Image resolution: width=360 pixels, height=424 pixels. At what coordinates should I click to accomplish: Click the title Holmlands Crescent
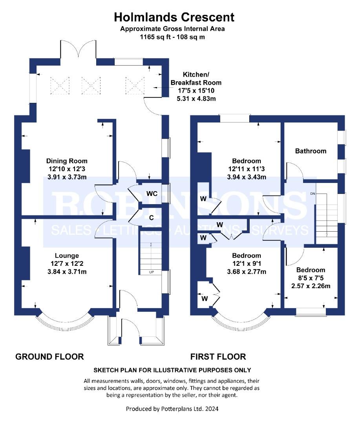174,17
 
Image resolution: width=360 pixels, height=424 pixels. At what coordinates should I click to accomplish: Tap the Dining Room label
67,161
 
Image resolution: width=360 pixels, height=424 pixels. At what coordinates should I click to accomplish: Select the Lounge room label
67,256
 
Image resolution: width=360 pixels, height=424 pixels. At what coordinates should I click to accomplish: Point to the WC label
152,194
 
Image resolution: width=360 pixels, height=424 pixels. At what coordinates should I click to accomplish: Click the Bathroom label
311,151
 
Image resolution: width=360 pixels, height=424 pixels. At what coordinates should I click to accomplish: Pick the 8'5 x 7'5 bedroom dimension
311,278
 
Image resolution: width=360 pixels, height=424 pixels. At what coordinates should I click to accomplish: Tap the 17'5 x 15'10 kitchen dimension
196,91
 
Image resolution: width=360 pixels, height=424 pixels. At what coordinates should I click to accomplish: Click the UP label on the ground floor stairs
152,272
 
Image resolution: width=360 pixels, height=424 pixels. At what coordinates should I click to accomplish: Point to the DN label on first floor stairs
312,194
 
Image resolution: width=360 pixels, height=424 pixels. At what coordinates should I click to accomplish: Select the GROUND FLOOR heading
49,356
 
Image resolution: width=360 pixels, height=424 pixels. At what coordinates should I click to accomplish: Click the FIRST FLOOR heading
218,356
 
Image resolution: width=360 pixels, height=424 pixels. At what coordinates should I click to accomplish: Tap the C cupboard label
152,217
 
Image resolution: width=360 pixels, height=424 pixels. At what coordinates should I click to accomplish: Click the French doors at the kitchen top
78,49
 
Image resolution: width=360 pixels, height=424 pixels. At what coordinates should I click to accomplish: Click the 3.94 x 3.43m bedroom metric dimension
247,177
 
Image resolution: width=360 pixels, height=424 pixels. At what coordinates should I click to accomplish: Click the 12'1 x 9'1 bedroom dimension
247,264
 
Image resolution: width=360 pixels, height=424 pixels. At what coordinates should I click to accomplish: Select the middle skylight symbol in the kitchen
91,86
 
